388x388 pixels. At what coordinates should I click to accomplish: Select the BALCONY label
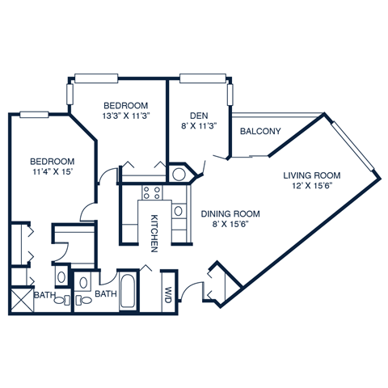tap(260, 131)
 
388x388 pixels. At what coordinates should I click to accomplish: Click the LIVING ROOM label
tap(311, 175)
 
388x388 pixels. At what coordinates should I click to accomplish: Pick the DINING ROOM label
tap(230, 214)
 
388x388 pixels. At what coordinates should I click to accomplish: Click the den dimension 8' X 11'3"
tap(196, 125)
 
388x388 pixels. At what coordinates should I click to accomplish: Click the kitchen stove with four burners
tap(151, 193)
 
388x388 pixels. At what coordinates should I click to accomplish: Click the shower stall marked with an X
tap(20, 302)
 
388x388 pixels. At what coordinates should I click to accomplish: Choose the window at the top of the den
tap(196, 78)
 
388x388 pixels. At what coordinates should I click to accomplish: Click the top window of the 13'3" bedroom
tap(95, 78)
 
